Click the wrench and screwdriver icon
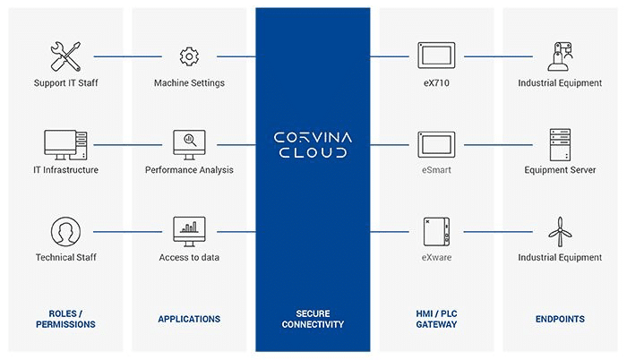pos(64,56)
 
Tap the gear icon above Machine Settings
pos(188,56)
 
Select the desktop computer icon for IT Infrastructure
pos(64,143)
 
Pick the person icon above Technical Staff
pos(64,230)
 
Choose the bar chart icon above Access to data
pos(188,230)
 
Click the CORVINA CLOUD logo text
pos(313,144)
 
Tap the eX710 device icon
pos(435,55)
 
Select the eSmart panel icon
pos(435,142)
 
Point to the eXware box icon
pos(435,230)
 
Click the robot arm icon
pos(560,54)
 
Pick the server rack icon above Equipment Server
pos(560,142)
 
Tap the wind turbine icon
pos(560,230)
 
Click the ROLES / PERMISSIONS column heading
pos(65,319)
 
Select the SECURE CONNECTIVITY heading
pos(313,319)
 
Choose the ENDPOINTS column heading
pos(560,319)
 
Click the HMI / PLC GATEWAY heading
pos(435,319)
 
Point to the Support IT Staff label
pos(65,83)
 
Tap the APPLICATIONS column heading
pos(189,319)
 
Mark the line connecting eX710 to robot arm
pos(498,56)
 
